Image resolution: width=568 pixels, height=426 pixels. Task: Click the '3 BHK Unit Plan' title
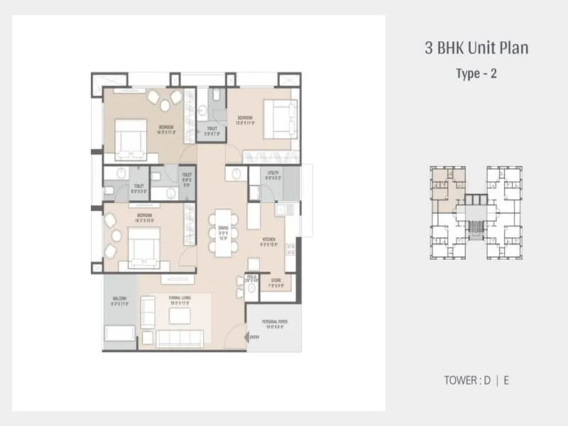pyautogui.click(x=476, y=49)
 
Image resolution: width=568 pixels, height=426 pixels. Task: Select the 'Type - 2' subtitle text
pyautogui.click(x=476, y=74)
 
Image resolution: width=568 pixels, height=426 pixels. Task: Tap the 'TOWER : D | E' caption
pyautogui.click(x=476, y=380)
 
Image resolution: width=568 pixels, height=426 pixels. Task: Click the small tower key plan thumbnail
pyautogui.click(x=476, y=213)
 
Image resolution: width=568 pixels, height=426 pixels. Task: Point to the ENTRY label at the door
pyautogui.click(x=255, y=337)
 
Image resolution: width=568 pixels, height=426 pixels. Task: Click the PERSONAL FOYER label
pyautogui.click(x=273, y=325)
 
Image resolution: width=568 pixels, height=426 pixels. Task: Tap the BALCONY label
pyautogui.click(x=119, y=300)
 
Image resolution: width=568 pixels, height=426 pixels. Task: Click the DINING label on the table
pyautogui.click(x=224, y=234)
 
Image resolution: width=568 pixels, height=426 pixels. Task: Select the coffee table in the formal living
pyautogui.click(x=180, y=316)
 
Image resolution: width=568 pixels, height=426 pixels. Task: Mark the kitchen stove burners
pyautogui.click(x=290, y=250)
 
